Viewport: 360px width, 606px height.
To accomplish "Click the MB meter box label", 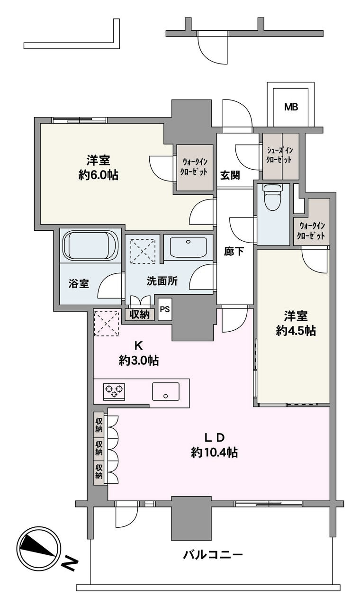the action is click(x=291, y=107).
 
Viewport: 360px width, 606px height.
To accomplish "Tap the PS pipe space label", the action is click(x=165, y=309).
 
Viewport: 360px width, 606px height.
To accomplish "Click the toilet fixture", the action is click(x=273, y=198).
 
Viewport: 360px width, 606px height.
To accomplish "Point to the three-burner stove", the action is click(x=114, y=391).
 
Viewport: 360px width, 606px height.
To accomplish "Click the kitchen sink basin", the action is click(x=165, y=391).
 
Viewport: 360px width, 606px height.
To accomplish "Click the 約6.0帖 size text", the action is click(x=98, y=175).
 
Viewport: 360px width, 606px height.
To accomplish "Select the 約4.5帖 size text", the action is click(x=296, y=330).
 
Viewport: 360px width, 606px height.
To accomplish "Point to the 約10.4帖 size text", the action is click(x=215, y=452).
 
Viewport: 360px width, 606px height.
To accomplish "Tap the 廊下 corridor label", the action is click(x=234, y=252).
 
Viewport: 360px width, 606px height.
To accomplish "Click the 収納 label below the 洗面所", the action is click(x=139, y=314).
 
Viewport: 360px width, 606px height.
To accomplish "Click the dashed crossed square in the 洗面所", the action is click(x=143, y=251).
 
